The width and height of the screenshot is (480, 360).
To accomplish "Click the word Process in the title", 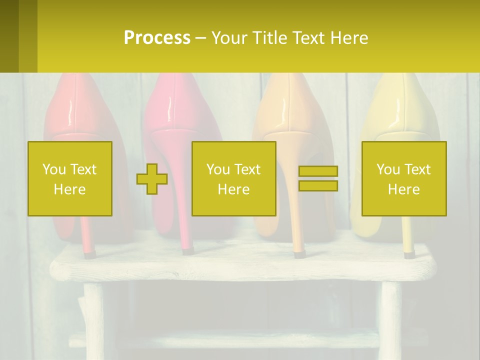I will pos(157,38).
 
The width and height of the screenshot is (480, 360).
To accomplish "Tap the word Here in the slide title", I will pos(349,38).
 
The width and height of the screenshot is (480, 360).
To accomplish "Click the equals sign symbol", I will pos(318,178).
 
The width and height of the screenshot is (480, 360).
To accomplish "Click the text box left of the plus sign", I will pos(70,179).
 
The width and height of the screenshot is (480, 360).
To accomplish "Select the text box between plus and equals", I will pos(234,179).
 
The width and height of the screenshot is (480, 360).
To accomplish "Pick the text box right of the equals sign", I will pos(404,179).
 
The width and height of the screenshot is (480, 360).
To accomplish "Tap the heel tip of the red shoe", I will pos(89,254).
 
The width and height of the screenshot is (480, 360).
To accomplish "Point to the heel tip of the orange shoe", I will pos(298,254).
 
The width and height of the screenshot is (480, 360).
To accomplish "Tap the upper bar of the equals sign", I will pos(318,171).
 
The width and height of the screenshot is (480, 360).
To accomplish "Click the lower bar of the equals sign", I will pos(318,186).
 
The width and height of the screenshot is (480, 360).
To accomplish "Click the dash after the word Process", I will pos(201,38).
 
